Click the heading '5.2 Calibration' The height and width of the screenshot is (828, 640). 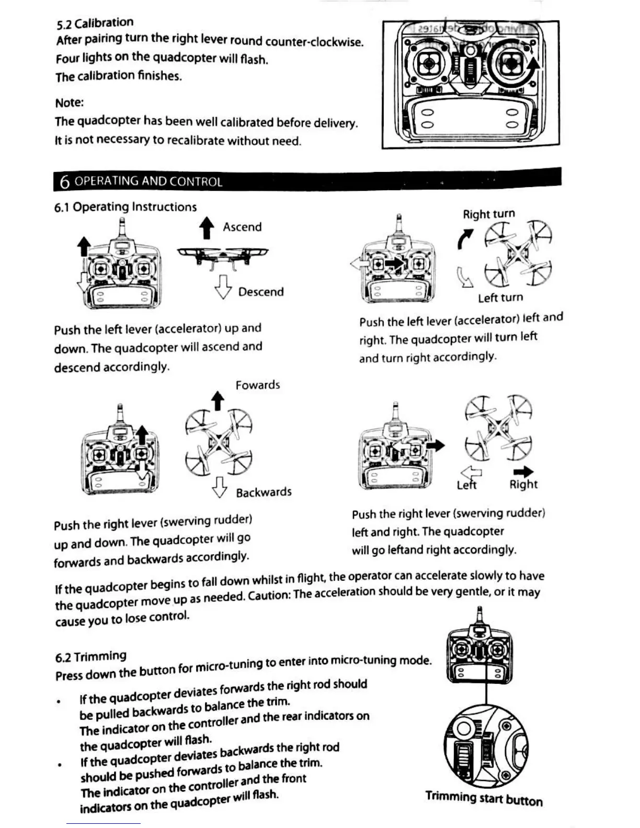point(95,24)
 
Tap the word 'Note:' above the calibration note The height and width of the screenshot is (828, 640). point(69,102)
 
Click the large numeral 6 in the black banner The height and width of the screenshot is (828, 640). point(64,181)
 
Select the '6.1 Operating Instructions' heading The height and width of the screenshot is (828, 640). point(125,207)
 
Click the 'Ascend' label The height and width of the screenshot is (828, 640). point(242,227)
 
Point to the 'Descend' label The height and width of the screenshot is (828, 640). point(261,292)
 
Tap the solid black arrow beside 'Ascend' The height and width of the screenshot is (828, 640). point(207,228)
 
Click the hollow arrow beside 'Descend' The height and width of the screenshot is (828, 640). point(223,287)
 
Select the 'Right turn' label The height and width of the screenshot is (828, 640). point(488,214)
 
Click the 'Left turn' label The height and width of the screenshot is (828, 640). point(500,298)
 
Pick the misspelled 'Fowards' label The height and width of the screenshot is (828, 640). point(257,385)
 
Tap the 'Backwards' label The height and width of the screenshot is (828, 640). point(264,492)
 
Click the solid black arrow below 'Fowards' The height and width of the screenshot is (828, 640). point(218,401)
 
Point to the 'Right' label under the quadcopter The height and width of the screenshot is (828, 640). point(523,485)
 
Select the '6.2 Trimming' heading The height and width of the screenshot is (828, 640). point(90,657)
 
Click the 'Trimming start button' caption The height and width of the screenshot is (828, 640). point(484,798)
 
